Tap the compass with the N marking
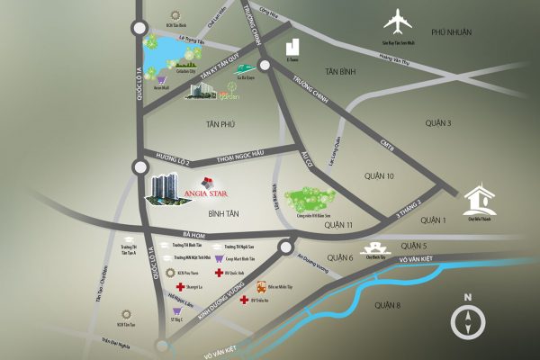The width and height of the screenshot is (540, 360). point(468,319)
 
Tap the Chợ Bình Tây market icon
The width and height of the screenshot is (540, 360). point(373,247)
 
